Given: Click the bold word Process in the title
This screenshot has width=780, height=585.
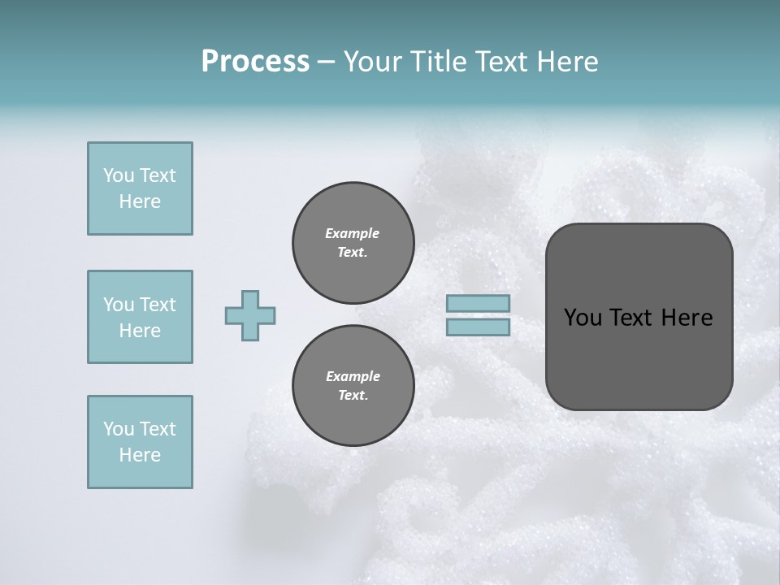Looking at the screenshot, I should click(x=255, y=62).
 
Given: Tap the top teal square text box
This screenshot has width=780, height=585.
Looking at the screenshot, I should click(x=140, y=188).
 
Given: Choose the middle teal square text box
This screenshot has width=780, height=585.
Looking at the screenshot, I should click(x=140, y=317).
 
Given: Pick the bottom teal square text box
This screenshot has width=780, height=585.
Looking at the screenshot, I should click(x=140, y=442).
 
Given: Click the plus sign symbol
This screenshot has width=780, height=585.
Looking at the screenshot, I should click(x=250, y=315).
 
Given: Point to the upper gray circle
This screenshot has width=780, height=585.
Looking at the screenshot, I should click(x=353, y=243).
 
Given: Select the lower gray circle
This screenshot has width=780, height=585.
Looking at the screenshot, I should click(x=353, y=386).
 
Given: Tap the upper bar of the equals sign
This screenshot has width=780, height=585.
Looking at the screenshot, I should click(x=479, y=303).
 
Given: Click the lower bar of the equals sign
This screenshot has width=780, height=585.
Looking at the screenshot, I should click(x=479, y=327).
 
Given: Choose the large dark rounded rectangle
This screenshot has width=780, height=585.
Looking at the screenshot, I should click(x=639, y=317).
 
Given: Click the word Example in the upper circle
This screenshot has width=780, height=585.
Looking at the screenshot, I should click(x=353, y=233).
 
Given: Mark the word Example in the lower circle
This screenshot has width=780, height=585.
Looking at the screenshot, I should click(x=353, y=376).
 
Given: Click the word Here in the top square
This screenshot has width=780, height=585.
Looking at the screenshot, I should click(x=140, y=201).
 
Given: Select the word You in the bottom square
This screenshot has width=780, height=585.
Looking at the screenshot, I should click(x=119, y=429).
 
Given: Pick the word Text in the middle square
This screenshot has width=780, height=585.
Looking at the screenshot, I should click(x=157, y=305).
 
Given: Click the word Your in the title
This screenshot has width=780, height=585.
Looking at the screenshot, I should click(x=374, y=62).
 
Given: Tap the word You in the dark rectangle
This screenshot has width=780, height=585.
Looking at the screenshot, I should click(x=582, y=318).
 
